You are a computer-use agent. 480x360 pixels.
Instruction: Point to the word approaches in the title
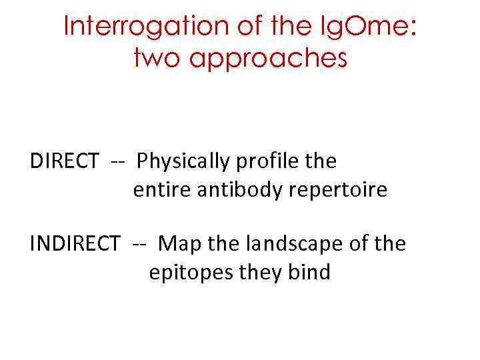270,59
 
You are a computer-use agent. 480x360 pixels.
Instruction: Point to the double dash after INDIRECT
139,244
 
